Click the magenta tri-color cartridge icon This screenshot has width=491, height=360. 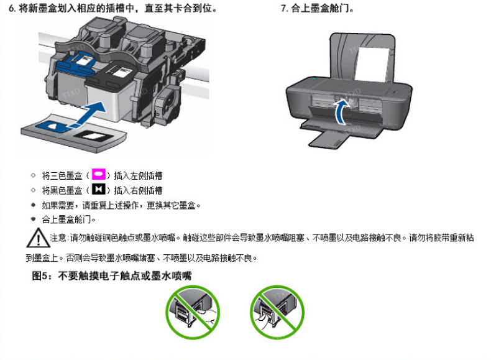98,174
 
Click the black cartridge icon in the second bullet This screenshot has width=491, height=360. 98,189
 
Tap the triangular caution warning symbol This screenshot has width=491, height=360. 37,238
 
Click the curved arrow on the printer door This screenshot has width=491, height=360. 341,112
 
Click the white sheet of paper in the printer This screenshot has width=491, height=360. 372,65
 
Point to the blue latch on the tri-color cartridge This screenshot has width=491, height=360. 75,65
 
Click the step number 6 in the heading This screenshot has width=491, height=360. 11,9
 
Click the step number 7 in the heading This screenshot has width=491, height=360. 283,9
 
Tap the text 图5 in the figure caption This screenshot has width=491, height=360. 40,275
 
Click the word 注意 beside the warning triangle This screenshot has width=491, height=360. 58,238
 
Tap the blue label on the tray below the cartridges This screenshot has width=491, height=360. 52,126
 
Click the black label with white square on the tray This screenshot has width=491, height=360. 92,136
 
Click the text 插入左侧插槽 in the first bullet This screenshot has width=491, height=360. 138,175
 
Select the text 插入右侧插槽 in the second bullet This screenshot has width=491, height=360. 138,190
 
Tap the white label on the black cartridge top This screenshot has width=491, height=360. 119,72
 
